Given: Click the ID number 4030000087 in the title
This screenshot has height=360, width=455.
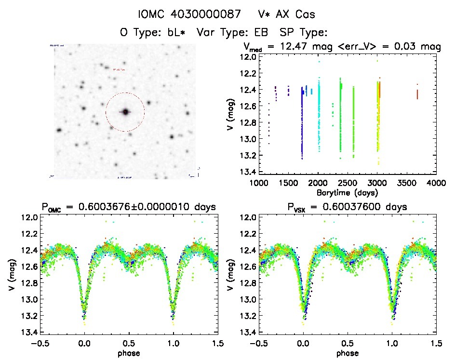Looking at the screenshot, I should (x=204, y=14).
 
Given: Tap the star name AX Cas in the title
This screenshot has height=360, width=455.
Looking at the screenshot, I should (x=290, y=14).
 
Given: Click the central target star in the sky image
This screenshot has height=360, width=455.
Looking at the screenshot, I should (x=125, y=112).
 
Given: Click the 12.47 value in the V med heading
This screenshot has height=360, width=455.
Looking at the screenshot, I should (x=300, y=47).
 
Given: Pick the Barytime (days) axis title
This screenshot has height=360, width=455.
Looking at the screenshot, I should (x=347, y=192).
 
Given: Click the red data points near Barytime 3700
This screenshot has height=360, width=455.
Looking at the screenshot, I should (x=417, y=93).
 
